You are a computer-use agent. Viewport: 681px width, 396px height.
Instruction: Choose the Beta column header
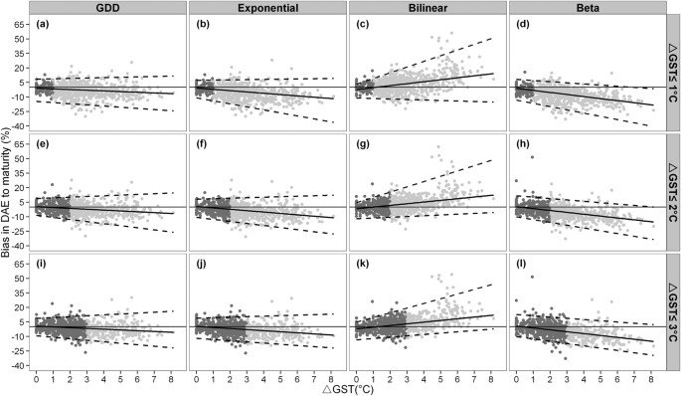(582, 8)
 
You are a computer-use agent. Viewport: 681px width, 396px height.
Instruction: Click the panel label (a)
(44, 23)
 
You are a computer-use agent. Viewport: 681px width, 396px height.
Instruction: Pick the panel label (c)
(359, 23)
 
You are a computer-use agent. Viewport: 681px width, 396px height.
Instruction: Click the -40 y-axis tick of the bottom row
(19, 365)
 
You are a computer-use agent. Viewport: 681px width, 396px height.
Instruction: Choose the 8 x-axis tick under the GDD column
(171, 376)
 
